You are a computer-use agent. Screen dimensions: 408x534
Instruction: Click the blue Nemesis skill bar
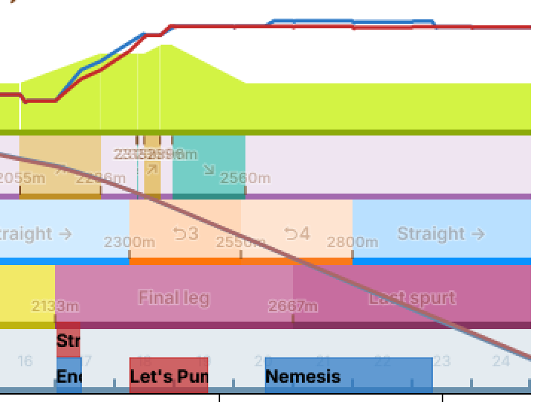[x=348, y=375]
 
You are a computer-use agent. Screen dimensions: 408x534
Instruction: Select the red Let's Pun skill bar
[x=168, y=375]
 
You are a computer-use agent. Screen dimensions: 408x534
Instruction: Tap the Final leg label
[x=174, y=298]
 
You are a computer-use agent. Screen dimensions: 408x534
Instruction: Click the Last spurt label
[x=412, y=298]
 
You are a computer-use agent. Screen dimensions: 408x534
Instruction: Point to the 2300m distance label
[x=129, y=242]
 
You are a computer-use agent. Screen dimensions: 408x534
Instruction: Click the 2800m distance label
[x=353, y=242]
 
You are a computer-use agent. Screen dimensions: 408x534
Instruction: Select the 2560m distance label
[x=245, y=178]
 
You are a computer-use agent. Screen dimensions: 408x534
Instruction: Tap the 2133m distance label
[x=55, y=306]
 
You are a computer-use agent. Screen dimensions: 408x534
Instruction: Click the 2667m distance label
[x=293, y=306]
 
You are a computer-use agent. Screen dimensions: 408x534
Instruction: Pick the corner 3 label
[x=185, y=234]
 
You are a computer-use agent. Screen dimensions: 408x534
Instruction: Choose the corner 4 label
[x=297, y=234]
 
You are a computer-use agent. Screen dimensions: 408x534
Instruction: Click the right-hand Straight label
[x=440, y=234]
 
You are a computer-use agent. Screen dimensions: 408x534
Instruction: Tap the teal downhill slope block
[x=208, y=167]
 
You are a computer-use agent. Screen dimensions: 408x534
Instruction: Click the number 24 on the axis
[x=501, y=361]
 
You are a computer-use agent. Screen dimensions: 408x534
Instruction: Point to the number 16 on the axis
[x=25, y=361]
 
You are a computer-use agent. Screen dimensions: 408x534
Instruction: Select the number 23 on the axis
[x=442, y=361]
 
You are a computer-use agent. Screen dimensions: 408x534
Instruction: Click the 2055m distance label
[x=21, y=178]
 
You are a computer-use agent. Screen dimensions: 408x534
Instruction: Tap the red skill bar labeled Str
[x=68, y=341]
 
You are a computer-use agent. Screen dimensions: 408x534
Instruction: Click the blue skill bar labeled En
[x=68, y=376]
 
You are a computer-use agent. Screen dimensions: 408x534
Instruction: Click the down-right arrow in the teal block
[x=209, y=170]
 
